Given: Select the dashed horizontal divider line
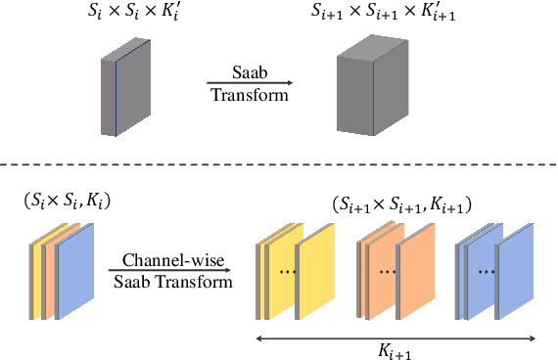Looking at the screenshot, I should [279, 164].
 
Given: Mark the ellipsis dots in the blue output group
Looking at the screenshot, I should [487, 270].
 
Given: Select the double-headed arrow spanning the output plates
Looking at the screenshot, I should [395, 337].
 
